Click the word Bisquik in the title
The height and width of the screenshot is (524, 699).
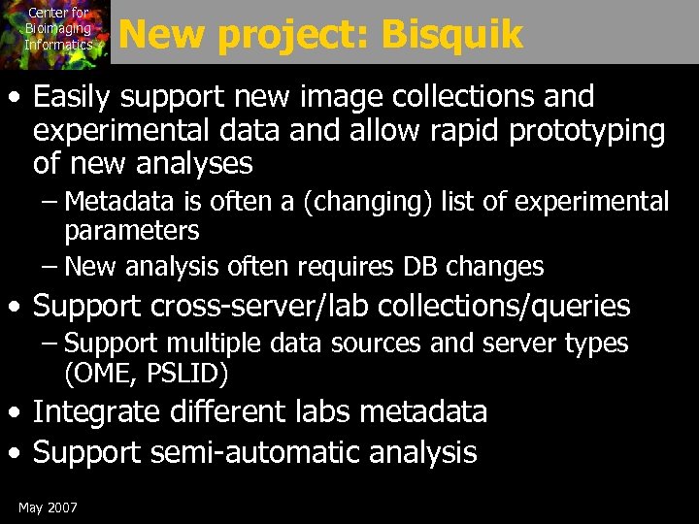(x=452, y=35)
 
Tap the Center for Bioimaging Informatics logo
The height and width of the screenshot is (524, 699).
(x=55, y=31)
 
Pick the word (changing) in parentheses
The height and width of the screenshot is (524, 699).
(x=378, y=202)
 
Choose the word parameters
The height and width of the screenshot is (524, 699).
(x=132, y=231)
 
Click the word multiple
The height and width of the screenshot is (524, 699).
(x=212, y=344)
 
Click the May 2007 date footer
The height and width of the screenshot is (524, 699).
(x=48, y=508)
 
